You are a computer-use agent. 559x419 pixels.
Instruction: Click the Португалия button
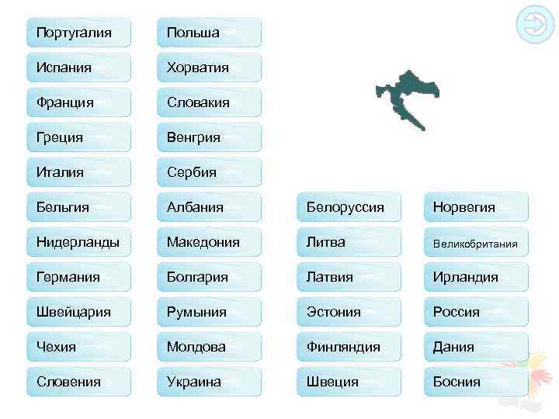[x=78, y=33]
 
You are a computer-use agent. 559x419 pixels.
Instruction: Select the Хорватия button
[x=209, y=68]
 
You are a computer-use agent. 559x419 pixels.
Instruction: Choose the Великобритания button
[x=476, y=243]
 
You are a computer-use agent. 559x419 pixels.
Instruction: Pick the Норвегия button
[x=476, y=207]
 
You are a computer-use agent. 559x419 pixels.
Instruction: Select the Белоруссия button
[x=349, y=207]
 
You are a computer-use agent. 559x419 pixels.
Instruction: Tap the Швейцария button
[x=78, y=312]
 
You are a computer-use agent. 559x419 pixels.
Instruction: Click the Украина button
[x=209, y=382]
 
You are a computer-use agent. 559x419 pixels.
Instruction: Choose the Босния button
[x=476, y=382]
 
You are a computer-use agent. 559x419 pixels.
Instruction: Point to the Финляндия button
[x=349, y=347]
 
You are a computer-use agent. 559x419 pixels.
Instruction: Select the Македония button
[x=209, y=242]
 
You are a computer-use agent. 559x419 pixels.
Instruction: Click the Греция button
[x=78, y=137]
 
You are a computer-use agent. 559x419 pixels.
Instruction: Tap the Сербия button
[x=209, y=172]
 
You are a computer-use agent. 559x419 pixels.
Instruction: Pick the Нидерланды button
[x=78, y=242]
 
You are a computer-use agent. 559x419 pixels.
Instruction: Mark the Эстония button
[x=349, y=312]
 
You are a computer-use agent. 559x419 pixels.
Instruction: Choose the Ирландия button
[x=476, y=277]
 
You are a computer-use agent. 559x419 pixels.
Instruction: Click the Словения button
[x=78, y=382]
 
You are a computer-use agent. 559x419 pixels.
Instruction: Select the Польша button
[x=209, y=33]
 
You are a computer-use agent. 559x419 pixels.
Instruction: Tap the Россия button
[x=476, y=312]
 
